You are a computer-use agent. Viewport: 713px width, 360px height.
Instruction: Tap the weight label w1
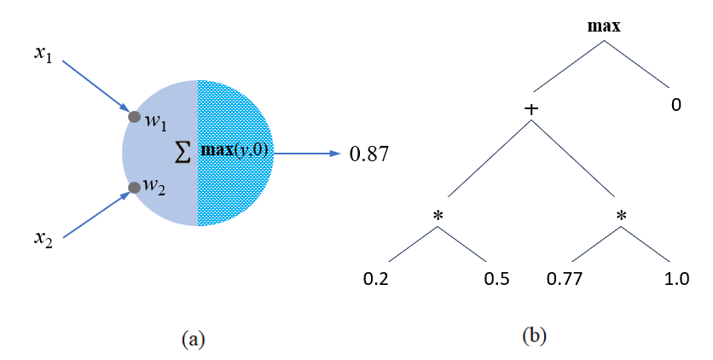(x=155, y=122)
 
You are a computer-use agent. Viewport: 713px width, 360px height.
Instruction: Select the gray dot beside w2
(x=134, y=188)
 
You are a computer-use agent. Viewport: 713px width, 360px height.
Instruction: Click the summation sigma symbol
(x=183, y=153)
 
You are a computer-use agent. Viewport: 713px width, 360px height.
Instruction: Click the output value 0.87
(x=369, y=154)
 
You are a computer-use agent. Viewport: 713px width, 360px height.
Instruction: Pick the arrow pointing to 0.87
(x=307, y=154)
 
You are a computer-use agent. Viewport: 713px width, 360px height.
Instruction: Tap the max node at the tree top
(x=604, y=26)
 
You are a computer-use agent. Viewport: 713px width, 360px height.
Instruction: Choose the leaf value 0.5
(x=497, y=278)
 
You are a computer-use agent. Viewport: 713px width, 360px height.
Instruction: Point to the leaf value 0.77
(x=563, y=278)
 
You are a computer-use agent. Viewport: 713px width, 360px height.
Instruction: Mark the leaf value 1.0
(x=677, y=278)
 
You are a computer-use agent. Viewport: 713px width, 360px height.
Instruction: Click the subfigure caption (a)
(x=193, y=339)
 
